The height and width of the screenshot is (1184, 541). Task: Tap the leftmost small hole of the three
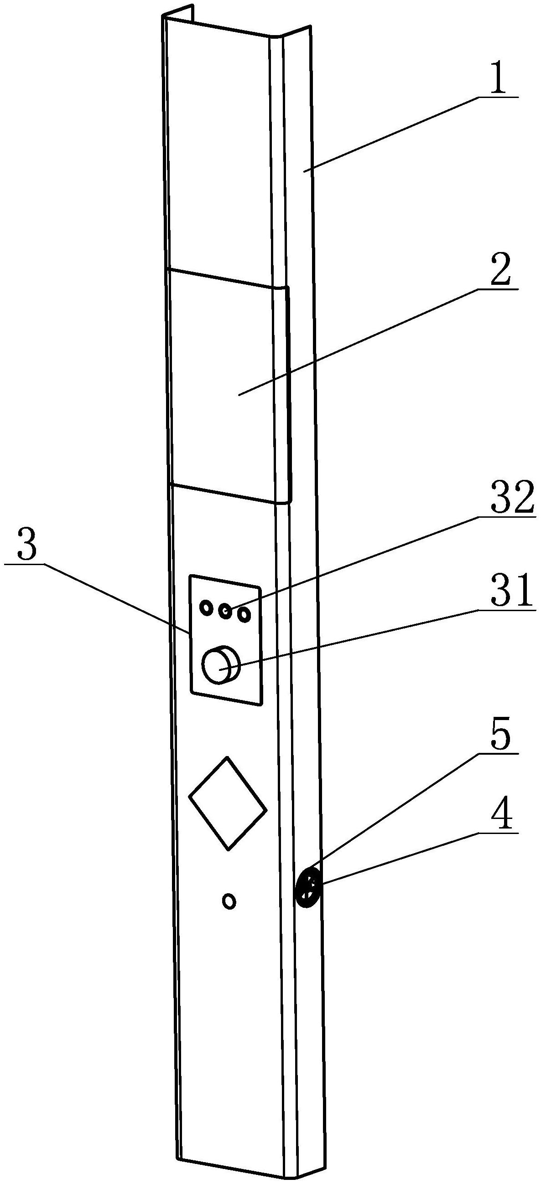coord(206,607)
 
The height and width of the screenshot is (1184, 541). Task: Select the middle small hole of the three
coord(225,611)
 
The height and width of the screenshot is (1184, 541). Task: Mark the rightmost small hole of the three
coord(244,614)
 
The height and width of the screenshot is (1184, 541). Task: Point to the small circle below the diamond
coord(229,901)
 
